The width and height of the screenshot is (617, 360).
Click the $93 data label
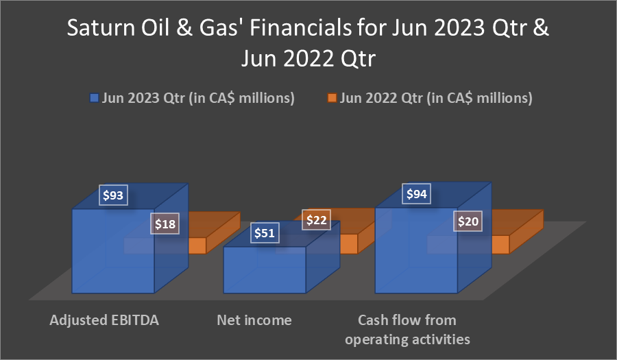[x=113, y=195]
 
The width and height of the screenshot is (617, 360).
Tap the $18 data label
[x=165, y=224]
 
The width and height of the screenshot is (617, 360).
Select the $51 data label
[x=265, y=233]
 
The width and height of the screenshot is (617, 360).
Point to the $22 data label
[x=316, y=220]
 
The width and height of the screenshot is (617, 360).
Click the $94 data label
[x=416, y=193]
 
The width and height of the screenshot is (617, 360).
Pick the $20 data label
[x=468, y=221]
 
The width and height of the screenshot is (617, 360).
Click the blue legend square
[x=94, y=97]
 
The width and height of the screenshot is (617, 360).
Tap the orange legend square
[x=332, y=97]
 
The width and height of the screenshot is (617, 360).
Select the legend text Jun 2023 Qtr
[x=143, y=97]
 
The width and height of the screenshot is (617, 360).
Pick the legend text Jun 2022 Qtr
[x=381, y=97]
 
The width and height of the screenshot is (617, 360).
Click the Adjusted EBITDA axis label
[x=104, y=320]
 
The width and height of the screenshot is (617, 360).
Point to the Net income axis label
[x=254, y=320]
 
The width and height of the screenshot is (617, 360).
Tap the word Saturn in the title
[x=101, y=28]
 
